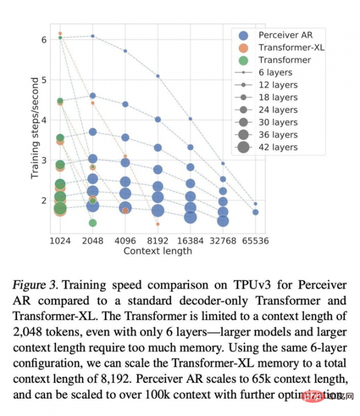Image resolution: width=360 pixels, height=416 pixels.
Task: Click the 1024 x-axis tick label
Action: point(60,241)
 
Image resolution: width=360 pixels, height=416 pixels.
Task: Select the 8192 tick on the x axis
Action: point(158,241)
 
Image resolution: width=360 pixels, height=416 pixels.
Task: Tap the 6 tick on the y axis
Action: point(43,40)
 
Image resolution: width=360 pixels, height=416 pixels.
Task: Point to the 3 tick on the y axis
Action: point(43,160)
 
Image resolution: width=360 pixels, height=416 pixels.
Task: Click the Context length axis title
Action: point(157,251)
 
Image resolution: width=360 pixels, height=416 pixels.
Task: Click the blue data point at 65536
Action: point(255,212)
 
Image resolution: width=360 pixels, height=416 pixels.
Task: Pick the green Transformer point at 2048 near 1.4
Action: point(93,223)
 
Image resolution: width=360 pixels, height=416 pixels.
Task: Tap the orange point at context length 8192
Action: point(158,224)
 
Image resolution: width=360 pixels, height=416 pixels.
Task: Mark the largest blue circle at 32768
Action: point(223,221)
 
